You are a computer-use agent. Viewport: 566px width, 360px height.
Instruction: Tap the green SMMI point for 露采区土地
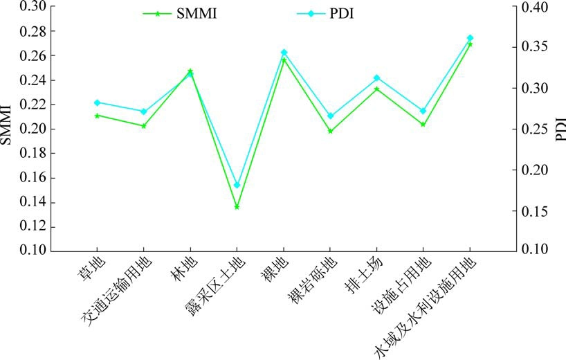tap(237, 207)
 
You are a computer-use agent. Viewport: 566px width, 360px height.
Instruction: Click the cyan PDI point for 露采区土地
tap(237, 186)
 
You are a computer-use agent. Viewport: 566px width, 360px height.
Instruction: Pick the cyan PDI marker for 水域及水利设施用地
tap(470, 38)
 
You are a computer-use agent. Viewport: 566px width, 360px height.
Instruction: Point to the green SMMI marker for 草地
tap(97, 115)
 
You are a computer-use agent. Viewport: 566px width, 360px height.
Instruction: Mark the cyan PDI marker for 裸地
tap(284, 53)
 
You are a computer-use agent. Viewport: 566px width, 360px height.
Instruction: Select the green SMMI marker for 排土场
tap(376, 89)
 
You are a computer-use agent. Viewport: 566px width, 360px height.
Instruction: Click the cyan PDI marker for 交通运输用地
tap(143, 111)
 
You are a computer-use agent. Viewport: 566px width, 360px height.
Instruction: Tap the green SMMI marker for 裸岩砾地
tap(330, 131)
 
